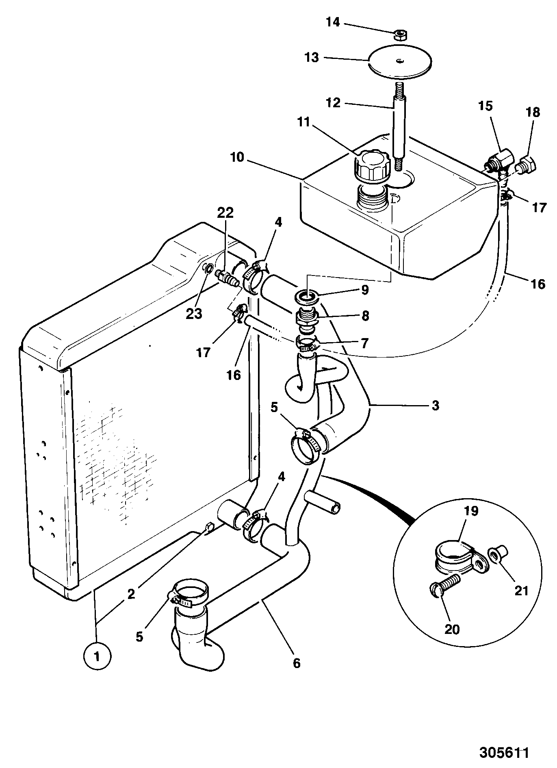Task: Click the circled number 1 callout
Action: click(x=97, y=656)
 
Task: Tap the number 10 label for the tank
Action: click(x=237, y=157)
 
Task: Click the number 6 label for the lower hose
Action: click(x=297, y=663)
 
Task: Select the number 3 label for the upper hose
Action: click(x=435, y=405)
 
